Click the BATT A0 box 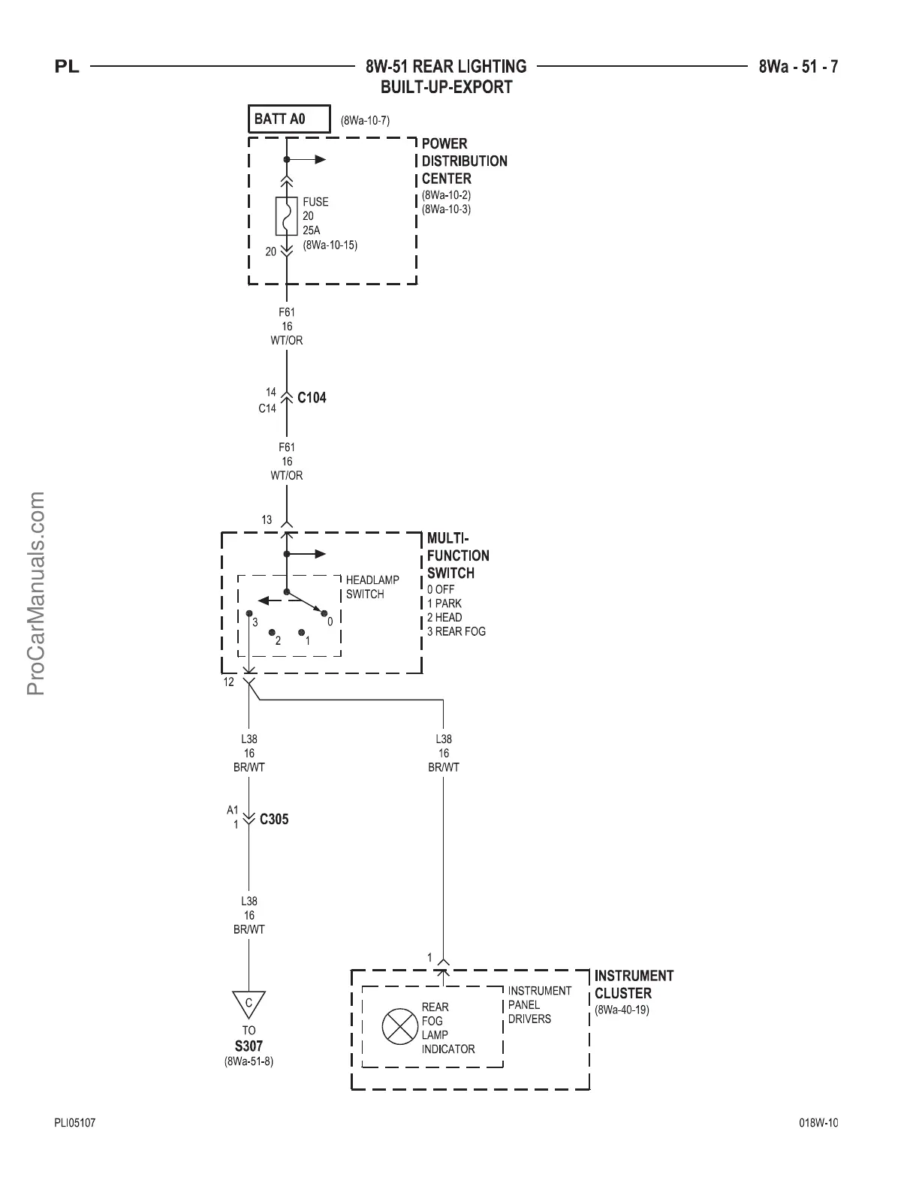[289, 119]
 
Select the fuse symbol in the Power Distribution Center [286, 215]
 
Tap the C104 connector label [312, 398]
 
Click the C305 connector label [274, 819]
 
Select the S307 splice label [249, 1046]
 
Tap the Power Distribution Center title [464, 161]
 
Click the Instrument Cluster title [634, 984]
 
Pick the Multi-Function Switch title [458, 555]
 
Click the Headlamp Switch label [372, 587]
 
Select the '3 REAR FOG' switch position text [456, 631]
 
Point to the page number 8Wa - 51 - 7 [798, 67]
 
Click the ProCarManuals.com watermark [36, 593]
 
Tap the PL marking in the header [68, 68]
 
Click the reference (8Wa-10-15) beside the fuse [330, 245]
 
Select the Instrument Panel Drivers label [539, 1004]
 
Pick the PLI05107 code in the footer [75, 1123]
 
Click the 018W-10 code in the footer [818, 1123]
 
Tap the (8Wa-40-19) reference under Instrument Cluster [622, 1010]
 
